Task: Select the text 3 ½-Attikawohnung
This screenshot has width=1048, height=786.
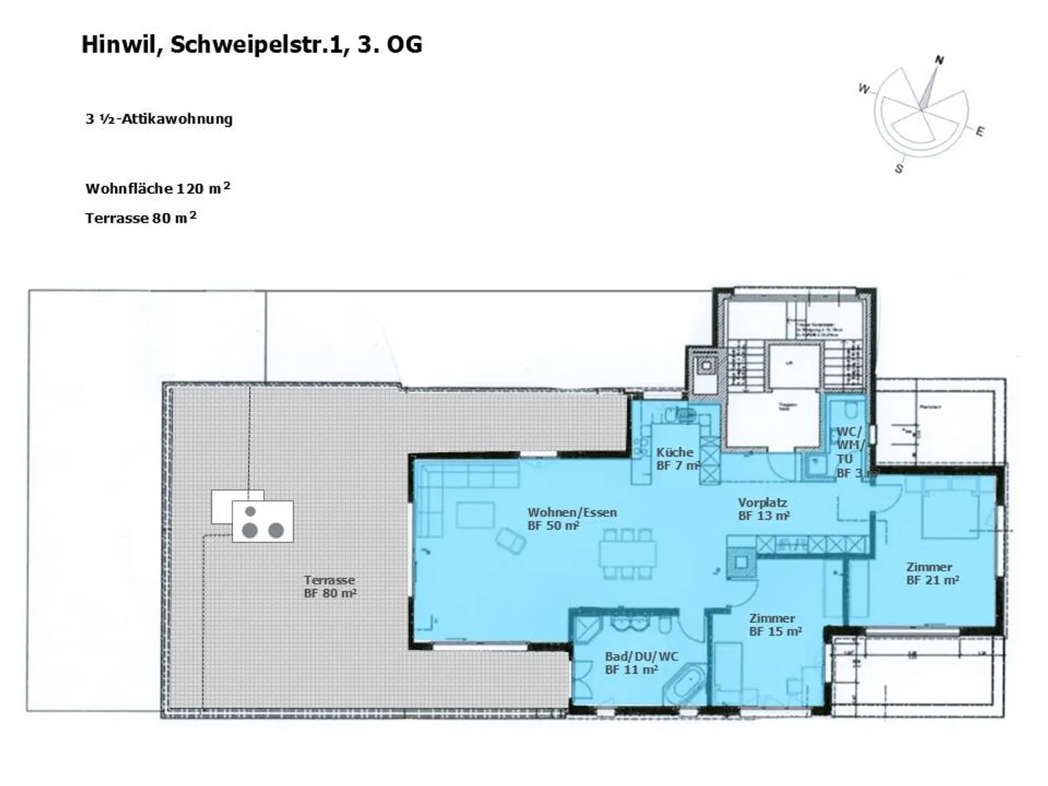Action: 159,119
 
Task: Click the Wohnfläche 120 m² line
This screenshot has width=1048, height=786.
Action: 157,188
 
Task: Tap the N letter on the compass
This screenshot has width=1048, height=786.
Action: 939,60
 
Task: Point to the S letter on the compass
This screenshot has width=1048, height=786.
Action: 899,168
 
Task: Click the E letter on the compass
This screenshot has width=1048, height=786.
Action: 980,132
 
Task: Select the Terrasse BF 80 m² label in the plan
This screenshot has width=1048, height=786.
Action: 330,586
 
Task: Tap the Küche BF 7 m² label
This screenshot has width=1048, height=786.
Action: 676,458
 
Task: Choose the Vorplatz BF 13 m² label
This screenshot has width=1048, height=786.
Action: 763,509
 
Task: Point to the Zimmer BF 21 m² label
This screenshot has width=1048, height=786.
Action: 931,573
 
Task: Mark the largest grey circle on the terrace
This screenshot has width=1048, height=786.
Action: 249,530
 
